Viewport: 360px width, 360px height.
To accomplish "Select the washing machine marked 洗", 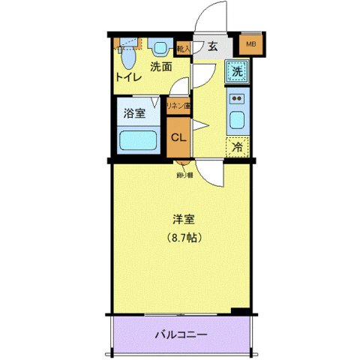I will tap(236, 73).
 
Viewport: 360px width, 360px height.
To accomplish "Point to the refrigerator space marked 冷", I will tap(236, 147).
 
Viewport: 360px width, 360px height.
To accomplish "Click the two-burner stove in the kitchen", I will tap(236, 98).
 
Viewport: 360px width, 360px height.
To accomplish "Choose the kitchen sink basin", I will tap(236, 120).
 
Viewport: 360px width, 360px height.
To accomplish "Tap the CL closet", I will tap(178, 138).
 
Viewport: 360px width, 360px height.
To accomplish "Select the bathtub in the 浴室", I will tap(138, 140).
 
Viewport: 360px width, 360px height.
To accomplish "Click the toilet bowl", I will tap(128, 56).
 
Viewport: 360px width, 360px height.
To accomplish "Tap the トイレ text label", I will tap(128, 76).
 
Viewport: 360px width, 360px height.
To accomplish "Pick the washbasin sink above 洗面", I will tap(160, 48).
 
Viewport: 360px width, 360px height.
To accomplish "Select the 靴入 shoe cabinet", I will tap(184, 48).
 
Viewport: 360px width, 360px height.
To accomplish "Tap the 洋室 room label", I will tap(184, 220).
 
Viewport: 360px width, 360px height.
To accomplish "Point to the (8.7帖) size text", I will tap(184, 238).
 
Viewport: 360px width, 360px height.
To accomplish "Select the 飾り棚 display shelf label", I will tap(184, 175).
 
